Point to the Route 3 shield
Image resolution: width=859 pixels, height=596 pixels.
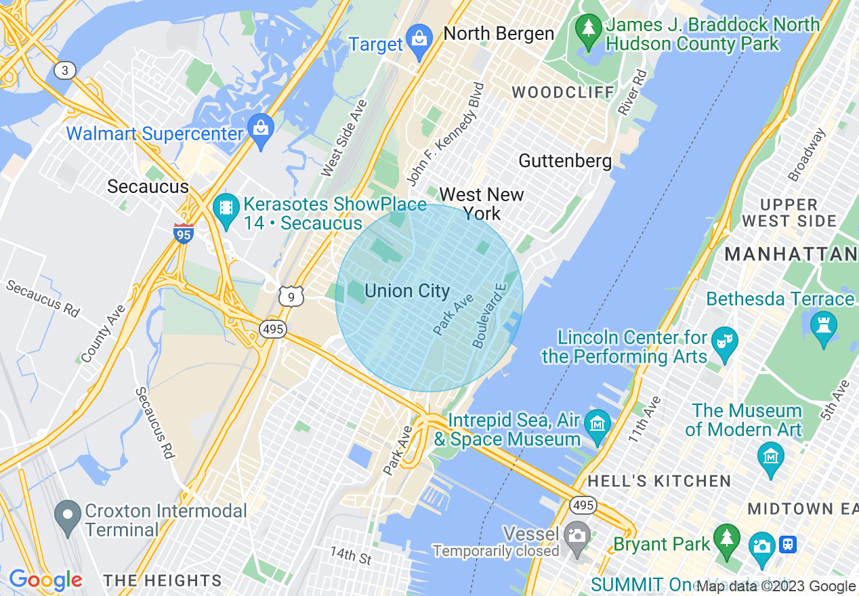pos(65,70)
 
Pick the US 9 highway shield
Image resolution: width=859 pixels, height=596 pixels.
pos(290,295)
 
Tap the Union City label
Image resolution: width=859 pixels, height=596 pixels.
pos(406,291)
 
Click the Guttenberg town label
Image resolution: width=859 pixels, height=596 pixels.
pos(565,161)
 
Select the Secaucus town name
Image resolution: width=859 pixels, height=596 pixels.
pos(148,187)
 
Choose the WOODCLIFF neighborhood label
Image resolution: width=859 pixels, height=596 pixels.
pos(563,92)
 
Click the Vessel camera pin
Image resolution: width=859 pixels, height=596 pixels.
pos(577,538)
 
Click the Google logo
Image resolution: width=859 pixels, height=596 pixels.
pos(45,580)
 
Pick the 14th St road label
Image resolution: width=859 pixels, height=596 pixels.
pos(351,555)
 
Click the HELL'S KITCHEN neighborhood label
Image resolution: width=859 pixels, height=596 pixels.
pos(659,482)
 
